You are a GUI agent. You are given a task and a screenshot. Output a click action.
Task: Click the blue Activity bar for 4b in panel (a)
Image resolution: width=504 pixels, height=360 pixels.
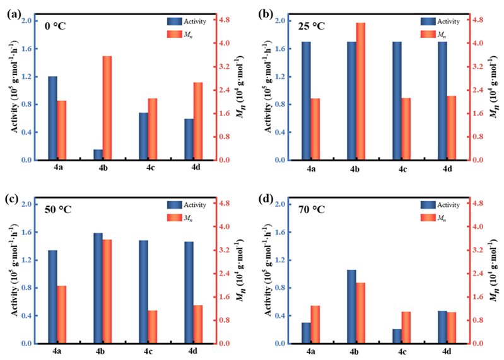click(98, 154)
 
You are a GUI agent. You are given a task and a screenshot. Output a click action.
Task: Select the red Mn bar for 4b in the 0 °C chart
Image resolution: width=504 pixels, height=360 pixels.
click(107, 108)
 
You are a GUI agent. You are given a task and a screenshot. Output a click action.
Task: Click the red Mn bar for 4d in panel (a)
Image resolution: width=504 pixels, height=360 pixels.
click(198, 121)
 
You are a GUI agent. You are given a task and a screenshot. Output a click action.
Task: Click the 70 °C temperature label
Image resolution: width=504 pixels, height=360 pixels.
click(312, 209)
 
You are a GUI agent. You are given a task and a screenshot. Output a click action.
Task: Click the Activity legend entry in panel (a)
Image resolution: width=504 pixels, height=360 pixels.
click(187, 20)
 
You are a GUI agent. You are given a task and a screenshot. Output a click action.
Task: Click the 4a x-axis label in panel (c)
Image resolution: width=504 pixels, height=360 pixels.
click(57, 352)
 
